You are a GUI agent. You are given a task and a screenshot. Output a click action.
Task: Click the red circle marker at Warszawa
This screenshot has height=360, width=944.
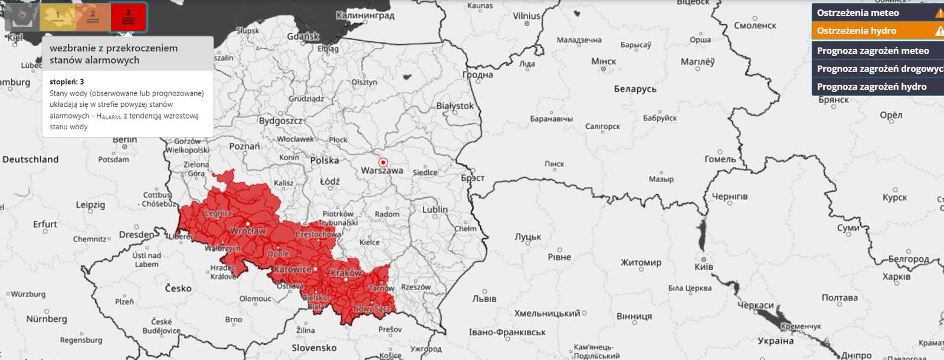pos(383,162)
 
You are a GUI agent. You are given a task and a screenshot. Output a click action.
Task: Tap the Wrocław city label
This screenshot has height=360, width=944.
pos(248,231)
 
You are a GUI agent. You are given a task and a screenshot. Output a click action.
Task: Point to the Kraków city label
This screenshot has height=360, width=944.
pos(346,273)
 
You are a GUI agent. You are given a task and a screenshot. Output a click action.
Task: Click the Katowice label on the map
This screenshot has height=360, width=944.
pos(293,269)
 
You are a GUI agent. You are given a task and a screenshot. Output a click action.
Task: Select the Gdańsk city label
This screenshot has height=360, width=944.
pos(303,37)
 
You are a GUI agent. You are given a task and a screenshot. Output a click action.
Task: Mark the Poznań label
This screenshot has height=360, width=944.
pos(244,146)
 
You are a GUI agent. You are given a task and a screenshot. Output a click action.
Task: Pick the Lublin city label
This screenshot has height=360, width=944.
pos(435,210)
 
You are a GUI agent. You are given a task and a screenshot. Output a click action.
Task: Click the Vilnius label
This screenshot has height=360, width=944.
pos(526,16)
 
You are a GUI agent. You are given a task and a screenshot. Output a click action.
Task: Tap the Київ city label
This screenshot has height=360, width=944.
pos(703,267)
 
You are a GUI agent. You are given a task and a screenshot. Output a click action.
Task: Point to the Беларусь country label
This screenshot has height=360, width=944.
pos(635,89)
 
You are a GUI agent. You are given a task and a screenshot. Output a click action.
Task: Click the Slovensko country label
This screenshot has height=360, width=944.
pos(314,348)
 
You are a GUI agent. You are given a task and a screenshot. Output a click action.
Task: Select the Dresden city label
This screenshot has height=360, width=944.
pos(136,234)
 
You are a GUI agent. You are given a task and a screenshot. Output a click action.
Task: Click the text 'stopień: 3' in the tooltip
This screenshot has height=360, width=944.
pos(67,81)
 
